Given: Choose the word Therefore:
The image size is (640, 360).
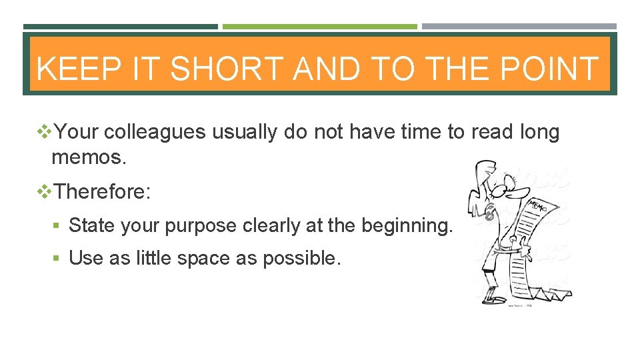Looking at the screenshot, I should pyautogui.click(x=103, y=192).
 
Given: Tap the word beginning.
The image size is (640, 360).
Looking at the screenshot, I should pyautogui.click(x=405, y=225).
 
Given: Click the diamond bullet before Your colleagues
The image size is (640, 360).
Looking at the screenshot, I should pyautogui.click(x=45, y=133).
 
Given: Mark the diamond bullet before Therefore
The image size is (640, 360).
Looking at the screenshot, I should pyautogui.click(x=45, y=192).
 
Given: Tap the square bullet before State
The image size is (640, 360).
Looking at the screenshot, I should pyautogui.click(x=60, y=226).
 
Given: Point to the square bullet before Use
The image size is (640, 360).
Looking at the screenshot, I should pyautogui.click(x=60, y=258).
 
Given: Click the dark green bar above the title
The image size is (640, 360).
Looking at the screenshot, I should pyautogui.click(x=120, y=27).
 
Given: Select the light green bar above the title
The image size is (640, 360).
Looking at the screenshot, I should pyautogui.click(x=319, y=27).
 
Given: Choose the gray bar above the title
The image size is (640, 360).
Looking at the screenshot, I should pyautogui.click(x=519, y=27).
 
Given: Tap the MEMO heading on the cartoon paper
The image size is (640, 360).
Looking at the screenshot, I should pyautogui.click(x=538, y=206).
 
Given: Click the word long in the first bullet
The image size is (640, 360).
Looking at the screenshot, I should pyautogui.click(x=539, y=133).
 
